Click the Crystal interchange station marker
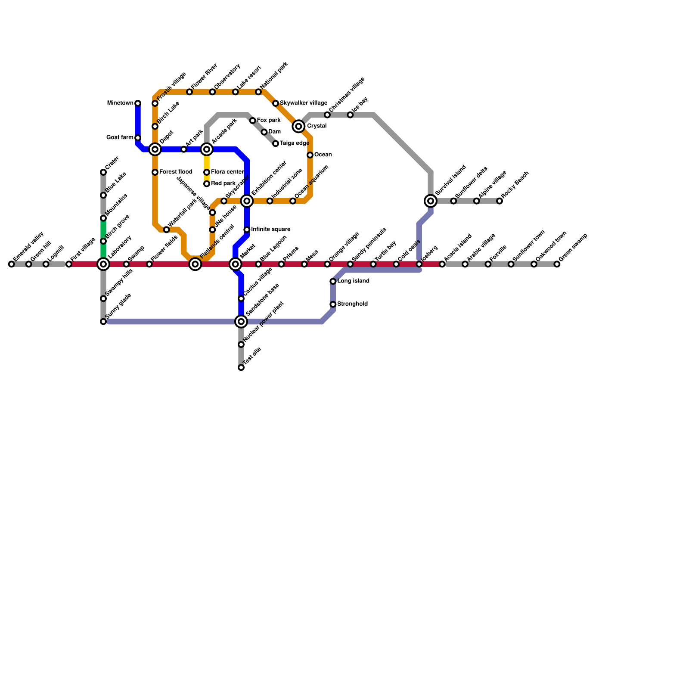pos(298,126)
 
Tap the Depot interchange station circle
pos(155,149)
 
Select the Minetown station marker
pos(138,103)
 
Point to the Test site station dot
pos(241,367)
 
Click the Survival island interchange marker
pos(431,201)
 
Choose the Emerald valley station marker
pos(12,264)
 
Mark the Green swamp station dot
pos(557,264)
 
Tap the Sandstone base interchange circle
pos(241,321)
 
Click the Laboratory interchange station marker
pos(103,264)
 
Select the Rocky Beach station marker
pos(500,201)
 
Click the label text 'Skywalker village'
pos(303,103)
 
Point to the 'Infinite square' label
pos(270,230)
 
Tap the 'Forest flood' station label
pos(176,172)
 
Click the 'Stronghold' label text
pos(352,304)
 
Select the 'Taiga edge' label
pos(295,143)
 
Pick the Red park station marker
pos(207,184)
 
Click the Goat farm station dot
pos(138,138)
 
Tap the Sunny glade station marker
pos(103,322)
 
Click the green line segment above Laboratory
pos(103,235)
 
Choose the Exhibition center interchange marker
pos(247,201)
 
